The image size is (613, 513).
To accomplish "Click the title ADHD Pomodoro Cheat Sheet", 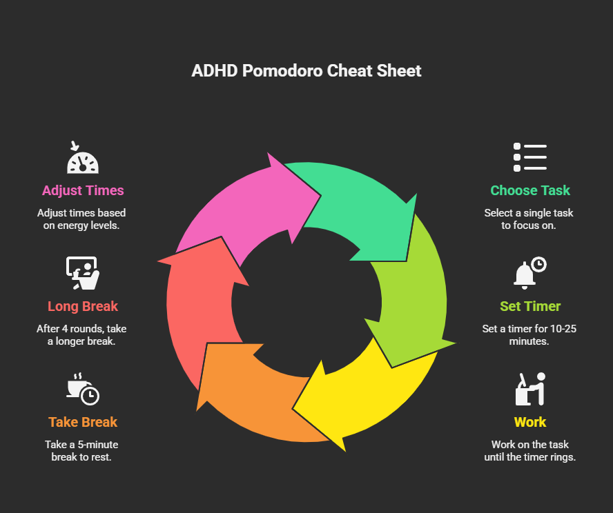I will click(306, 71).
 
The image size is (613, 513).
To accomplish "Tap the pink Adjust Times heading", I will click(83, 190).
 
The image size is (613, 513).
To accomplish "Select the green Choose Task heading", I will click(530, 190).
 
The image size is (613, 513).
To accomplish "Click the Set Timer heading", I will click(530, 306).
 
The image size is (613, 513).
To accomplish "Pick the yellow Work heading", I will click(530, 422).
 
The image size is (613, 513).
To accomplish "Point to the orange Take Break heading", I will click(83, 422).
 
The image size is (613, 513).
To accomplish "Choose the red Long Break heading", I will click(83, 306).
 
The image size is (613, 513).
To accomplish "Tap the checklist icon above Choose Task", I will click(530, 157).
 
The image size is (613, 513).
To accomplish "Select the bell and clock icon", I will click(529, 273).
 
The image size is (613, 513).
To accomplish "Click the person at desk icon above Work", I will click(530, 389).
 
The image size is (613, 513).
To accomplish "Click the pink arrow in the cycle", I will click(242, 207).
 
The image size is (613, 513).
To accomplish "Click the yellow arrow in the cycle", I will click(366, 400).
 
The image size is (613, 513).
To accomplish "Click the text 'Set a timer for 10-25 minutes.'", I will click(529, 334).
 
